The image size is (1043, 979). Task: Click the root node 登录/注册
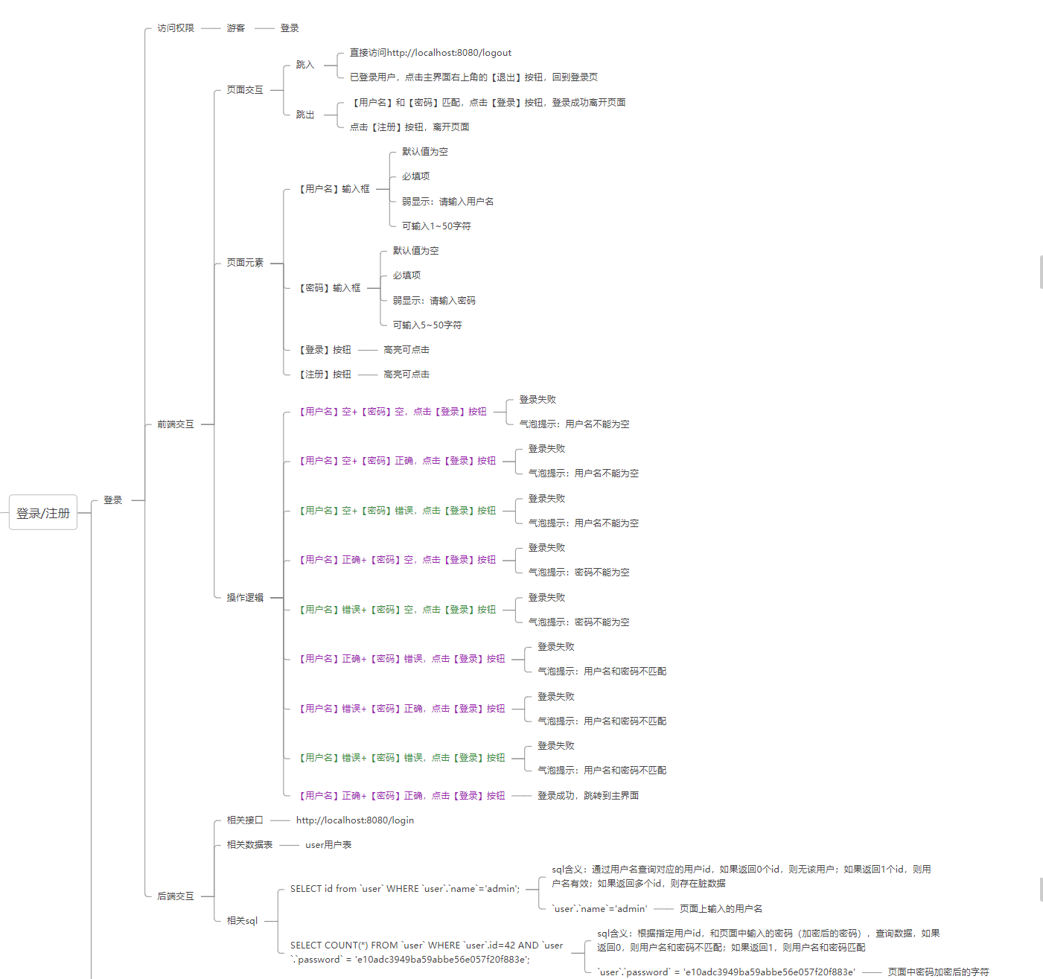pyautogui.click(x=43, y=513)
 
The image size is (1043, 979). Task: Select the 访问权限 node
pyautogui.click(x=176, y=28)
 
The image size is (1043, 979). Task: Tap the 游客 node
pyautogui.click(x=236, y=28)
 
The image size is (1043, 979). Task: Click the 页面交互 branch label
pyautogui.click(x=245, y=90)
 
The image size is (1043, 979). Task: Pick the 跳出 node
pyautogui.click(x=305, y=115)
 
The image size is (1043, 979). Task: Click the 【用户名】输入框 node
pyautogui.click(x=334, y=189)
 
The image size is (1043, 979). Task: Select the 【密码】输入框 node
pyautogui.click(x=330, y=288)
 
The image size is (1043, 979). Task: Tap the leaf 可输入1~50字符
pyautogui.click(x=436, y=226)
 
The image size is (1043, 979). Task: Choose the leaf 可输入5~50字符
pyautogui.click(x=427, y=325)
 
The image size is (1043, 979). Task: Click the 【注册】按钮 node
pyautogui.click(x=325, y=374)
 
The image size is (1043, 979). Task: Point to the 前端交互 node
pyautogui.click(x=176, y=424)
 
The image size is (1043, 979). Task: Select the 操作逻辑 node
pyautogui.click(x=245, y=598)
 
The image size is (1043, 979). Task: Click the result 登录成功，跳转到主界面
pyautogui.click(x=588, y=796)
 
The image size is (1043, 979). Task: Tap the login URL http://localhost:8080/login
pyautogui.click(x=355, y=820)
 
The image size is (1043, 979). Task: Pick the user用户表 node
pyautogui.click(x=328, y=845)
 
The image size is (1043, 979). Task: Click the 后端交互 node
pyautogui.click(x=176, y=896)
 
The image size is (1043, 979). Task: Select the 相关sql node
pyautogui.click(x=242, y=921)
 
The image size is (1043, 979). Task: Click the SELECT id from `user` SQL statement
pyautogui.click(x=405, y=889)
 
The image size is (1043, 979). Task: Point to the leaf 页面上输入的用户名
pyautogui.click(x=721, y=909)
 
